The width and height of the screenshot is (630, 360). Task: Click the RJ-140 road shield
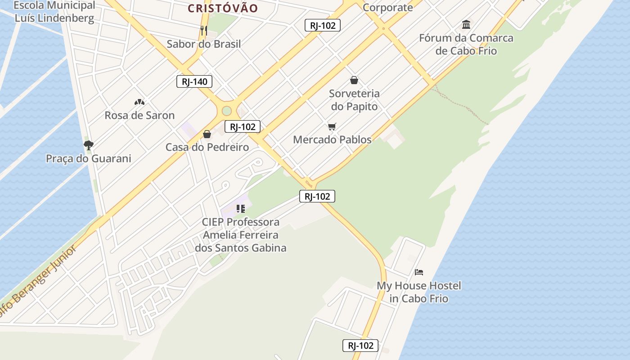click(x=194, y=81)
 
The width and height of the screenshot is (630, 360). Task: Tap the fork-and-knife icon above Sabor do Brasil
click(x=204, y=31)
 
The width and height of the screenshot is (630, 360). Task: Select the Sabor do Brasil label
click(x=204, y=44)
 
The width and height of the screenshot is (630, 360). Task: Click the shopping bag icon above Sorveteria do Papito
click(x=354, y=80)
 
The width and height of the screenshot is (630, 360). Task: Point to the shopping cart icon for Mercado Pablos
click(x=332, y=126)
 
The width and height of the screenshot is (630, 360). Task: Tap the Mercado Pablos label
click(x=332, y=139)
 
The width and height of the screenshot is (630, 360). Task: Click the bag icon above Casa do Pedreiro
click(x=207, y=134)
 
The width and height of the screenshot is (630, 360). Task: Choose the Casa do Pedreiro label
click(x=207, y=147)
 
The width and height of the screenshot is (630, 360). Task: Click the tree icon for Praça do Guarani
click(x=88, y=145)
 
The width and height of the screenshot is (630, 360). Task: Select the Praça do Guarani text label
click(x=89, y=158)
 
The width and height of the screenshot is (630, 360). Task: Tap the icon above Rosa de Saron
click(x=139, y=102)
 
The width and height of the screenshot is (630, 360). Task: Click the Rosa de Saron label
click(x=139, y=115)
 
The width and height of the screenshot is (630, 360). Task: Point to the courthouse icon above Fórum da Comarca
click(x=466, y=24)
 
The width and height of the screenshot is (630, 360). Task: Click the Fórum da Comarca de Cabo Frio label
click(x=466, y=44)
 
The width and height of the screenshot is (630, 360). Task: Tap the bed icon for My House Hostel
click(x=419, y=272)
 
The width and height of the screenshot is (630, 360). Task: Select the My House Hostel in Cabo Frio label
click(x=419, y=292)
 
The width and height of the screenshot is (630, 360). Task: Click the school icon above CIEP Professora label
click(x=241, y=209)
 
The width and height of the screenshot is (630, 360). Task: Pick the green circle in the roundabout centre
click(x=227, y=111)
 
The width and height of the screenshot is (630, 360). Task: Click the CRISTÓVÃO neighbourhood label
click(x=223, y=8)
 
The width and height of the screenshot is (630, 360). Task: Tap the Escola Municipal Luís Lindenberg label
click(x=54, y=12)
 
